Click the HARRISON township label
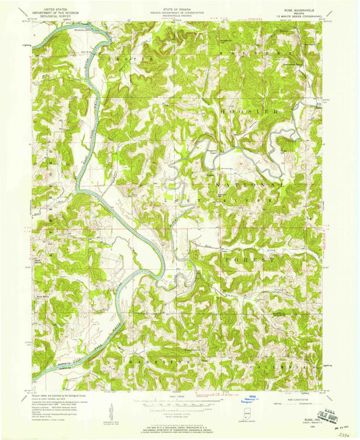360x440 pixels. pos(152,362)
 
